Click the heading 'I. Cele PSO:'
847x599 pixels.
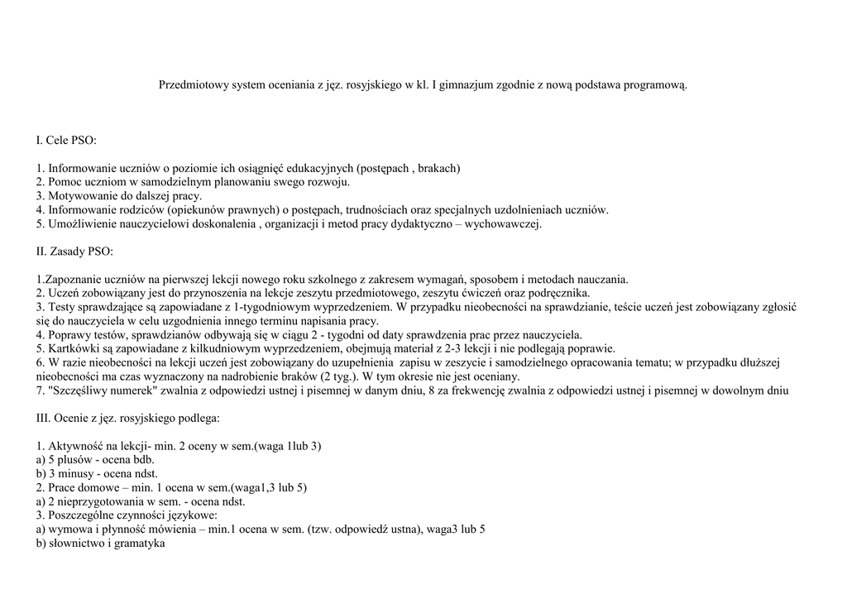(x=66, y=141)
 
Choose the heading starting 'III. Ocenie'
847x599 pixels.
(x=127, y=419)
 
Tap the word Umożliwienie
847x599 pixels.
(x=81, y=224)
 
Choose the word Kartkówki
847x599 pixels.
(x=73, y=349)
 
